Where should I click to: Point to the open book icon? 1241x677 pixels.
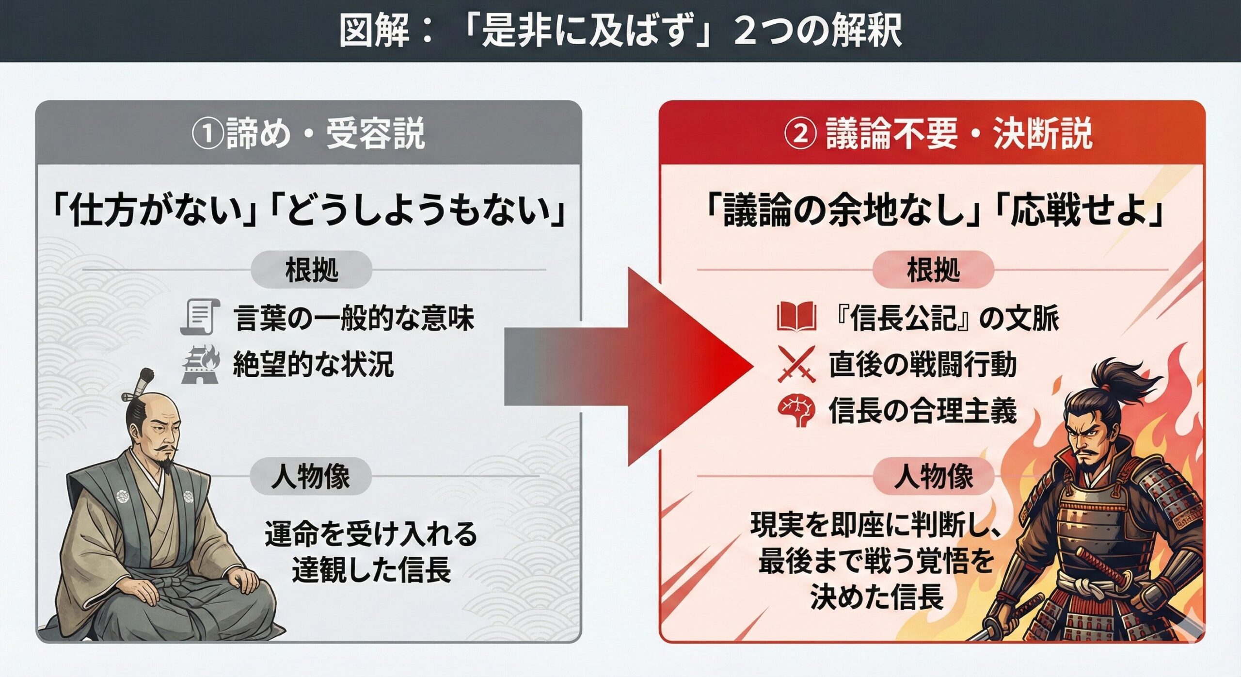coord(796,317)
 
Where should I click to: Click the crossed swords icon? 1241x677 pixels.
coord(796,365)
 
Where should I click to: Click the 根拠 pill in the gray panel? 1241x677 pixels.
coord(312,270)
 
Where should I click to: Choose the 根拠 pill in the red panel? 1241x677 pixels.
coord(933,270)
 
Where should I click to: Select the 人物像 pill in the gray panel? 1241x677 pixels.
coord(311,476)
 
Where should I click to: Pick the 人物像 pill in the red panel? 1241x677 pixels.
coord(933,476)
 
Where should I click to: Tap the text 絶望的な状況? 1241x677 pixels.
coord(313,365)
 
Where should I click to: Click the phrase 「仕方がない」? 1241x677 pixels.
coord(155,212)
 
